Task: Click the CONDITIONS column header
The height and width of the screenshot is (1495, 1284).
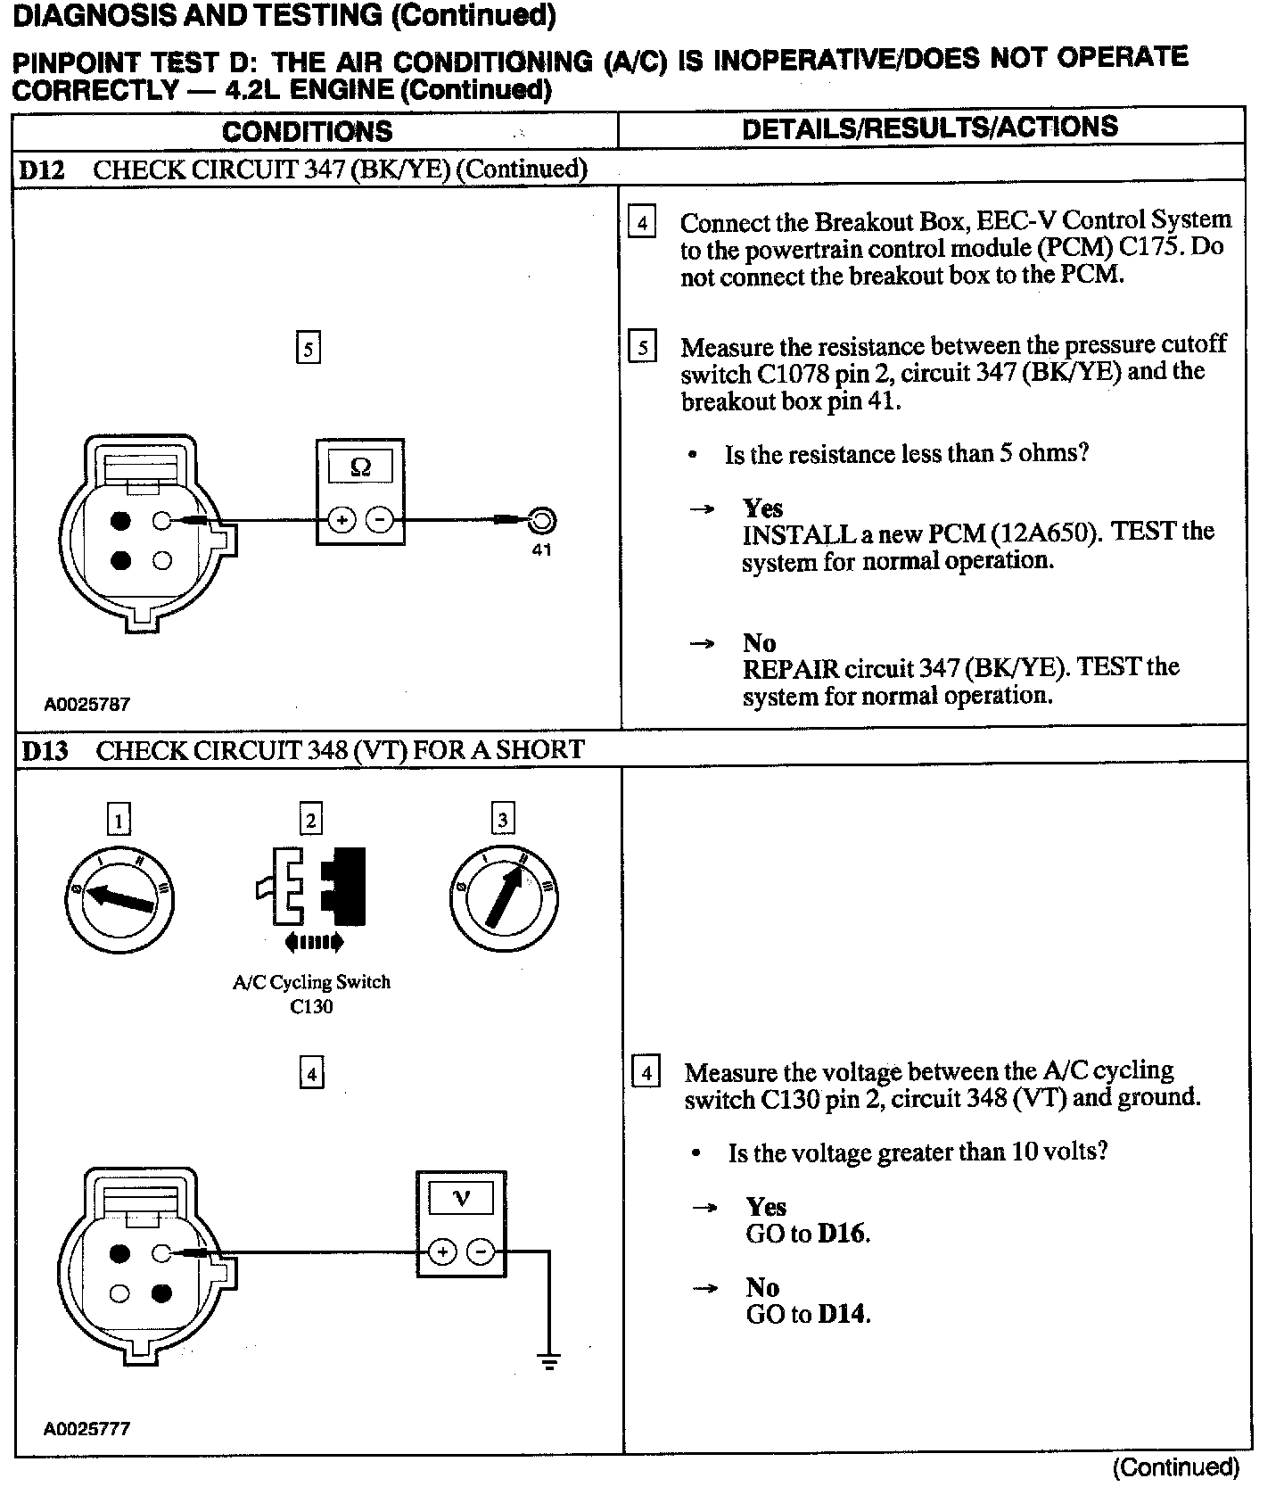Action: [307, 131]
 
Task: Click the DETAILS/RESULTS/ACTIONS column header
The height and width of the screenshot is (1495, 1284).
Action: [929, 128]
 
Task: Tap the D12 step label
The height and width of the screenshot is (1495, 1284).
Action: [42, 169]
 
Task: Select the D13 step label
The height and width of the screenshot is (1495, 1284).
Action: [44, 750]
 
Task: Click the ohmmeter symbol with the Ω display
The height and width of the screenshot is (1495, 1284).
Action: [360, 491]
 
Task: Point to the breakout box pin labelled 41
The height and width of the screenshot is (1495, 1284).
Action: [541, 520]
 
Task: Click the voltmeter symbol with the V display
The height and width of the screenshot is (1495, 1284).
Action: [461, 1223]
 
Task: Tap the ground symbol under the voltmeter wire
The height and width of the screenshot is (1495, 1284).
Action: [549, 1361]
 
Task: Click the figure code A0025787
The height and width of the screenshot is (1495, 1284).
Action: [87, 704]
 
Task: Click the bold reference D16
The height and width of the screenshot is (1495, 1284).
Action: [842, 1234]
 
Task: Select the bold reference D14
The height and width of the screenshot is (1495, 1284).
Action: [842, 1314]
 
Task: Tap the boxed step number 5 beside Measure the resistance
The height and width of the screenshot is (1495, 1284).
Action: [642, 346]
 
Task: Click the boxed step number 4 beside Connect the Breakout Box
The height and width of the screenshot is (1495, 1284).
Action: [641, 221]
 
